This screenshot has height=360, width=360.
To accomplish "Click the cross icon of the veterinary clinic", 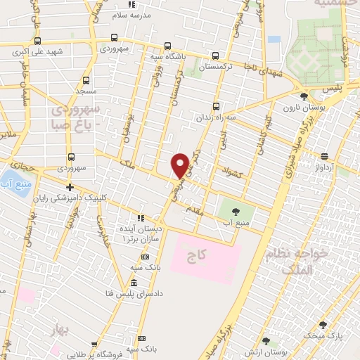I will click(70, 187).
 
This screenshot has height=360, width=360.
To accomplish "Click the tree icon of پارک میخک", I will click(322, 325).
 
